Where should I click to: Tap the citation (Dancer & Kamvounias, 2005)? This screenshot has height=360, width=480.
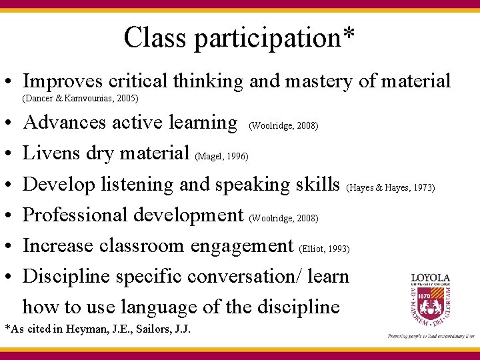click(80, 99)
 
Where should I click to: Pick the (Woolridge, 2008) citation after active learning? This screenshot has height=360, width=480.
click(283, 125)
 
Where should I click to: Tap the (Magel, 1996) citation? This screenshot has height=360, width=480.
click(222, 157)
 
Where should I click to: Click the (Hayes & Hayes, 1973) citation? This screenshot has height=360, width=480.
click(391, 187)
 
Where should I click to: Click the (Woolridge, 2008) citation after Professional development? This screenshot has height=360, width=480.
click(283, 218)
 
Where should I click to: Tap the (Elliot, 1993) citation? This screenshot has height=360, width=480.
click(325, 249)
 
